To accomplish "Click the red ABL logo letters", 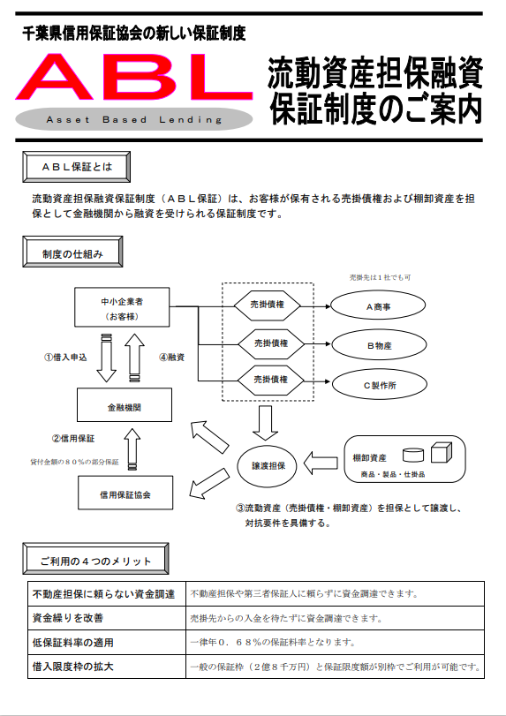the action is [134, 78].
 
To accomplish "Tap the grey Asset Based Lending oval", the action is [134, 120].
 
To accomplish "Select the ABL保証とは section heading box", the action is [76, 167].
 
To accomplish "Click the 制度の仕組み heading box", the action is [72, 252].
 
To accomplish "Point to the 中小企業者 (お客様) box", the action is [122, 307].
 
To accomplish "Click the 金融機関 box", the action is [125, 405].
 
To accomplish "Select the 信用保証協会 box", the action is [125, 493].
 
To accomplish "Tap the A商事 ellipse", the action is [378, 306].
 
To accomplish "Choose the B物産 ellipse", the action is [379, 345].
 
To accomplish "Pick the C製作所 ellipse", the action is [380, 384].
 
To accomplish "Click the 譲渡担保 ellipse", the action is [268, 466].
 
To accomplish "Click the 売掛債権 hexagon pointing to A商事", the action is [268, 305].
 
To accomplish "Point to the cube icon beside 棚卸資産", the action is [442, 453].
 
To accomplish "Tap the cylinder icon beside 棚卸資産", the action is [413, 455].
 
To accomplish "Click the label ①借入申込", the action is [65, 357].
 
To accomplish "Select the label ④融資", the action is [171, 357].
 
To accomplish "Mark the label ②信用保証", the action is [73, 439].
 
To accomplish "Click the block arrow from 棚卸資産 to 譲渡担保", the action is [321, 463].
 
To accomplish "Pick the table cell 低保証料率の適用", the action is [107, 642].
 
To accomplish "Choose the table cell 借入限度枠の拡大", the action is [107, 667].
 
